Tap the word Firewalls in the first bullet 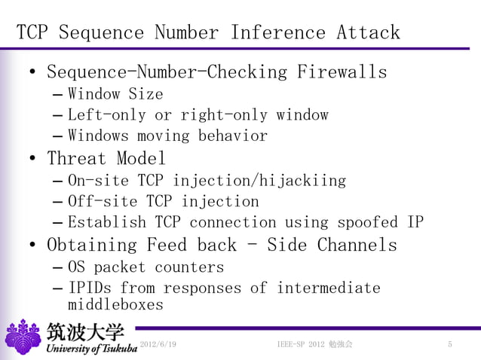[342, 73]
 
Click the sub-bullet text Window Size [115, 95]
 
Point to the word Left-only [108, 115]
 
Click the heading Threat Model [106, 159]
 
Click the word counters [189, 267]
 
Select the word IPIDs [90, 288]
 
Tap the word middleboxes [115, 305]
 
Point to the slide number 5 [449, 345]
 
